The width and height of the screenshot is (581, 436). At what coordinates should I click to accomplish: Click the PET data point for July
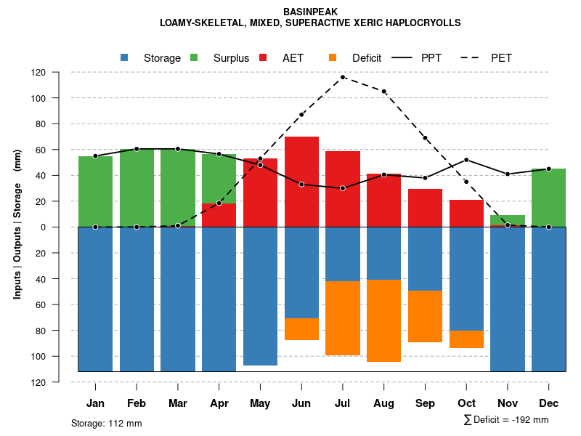pos(343,77)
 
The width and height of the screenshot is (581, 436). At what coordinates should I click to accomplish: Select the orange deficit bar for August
pos(383,320)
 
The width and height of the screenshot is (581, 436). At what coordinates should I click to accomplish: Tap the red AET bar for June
pos(301,160)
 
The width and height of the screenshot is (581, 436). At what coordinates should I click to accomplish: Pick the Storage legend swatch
pos(125,58)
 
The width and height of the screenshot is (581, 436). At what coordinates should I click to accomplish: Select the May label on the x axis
pos(260,403)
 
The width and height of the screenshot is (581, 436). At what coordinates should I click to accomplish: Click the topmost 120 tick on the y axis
pos(59,73)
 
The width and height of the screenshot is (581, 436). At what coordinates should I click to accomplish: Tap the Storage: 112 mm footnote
pos(106,423)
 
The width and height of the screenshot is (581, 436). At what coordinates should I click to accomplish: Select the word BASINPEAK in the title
pos(310,12)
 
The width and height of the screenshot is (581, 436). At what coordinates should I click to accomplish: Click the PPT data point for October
pos(466,160)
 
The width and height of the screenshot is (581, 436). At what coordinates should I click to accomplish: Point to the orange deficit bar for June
pos(301,329)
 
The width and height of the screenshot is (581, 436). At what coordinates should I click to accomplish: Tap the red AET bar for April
pos(219,215)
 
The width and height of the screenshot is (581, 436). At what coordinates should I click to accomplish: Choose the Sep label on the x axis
pos(425,403)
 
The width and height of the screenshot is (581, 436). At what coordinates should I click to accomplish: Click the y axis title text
pos(17,225)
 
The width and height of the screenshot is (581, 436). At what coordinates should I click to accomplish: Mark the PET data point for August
pos(383,92)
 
